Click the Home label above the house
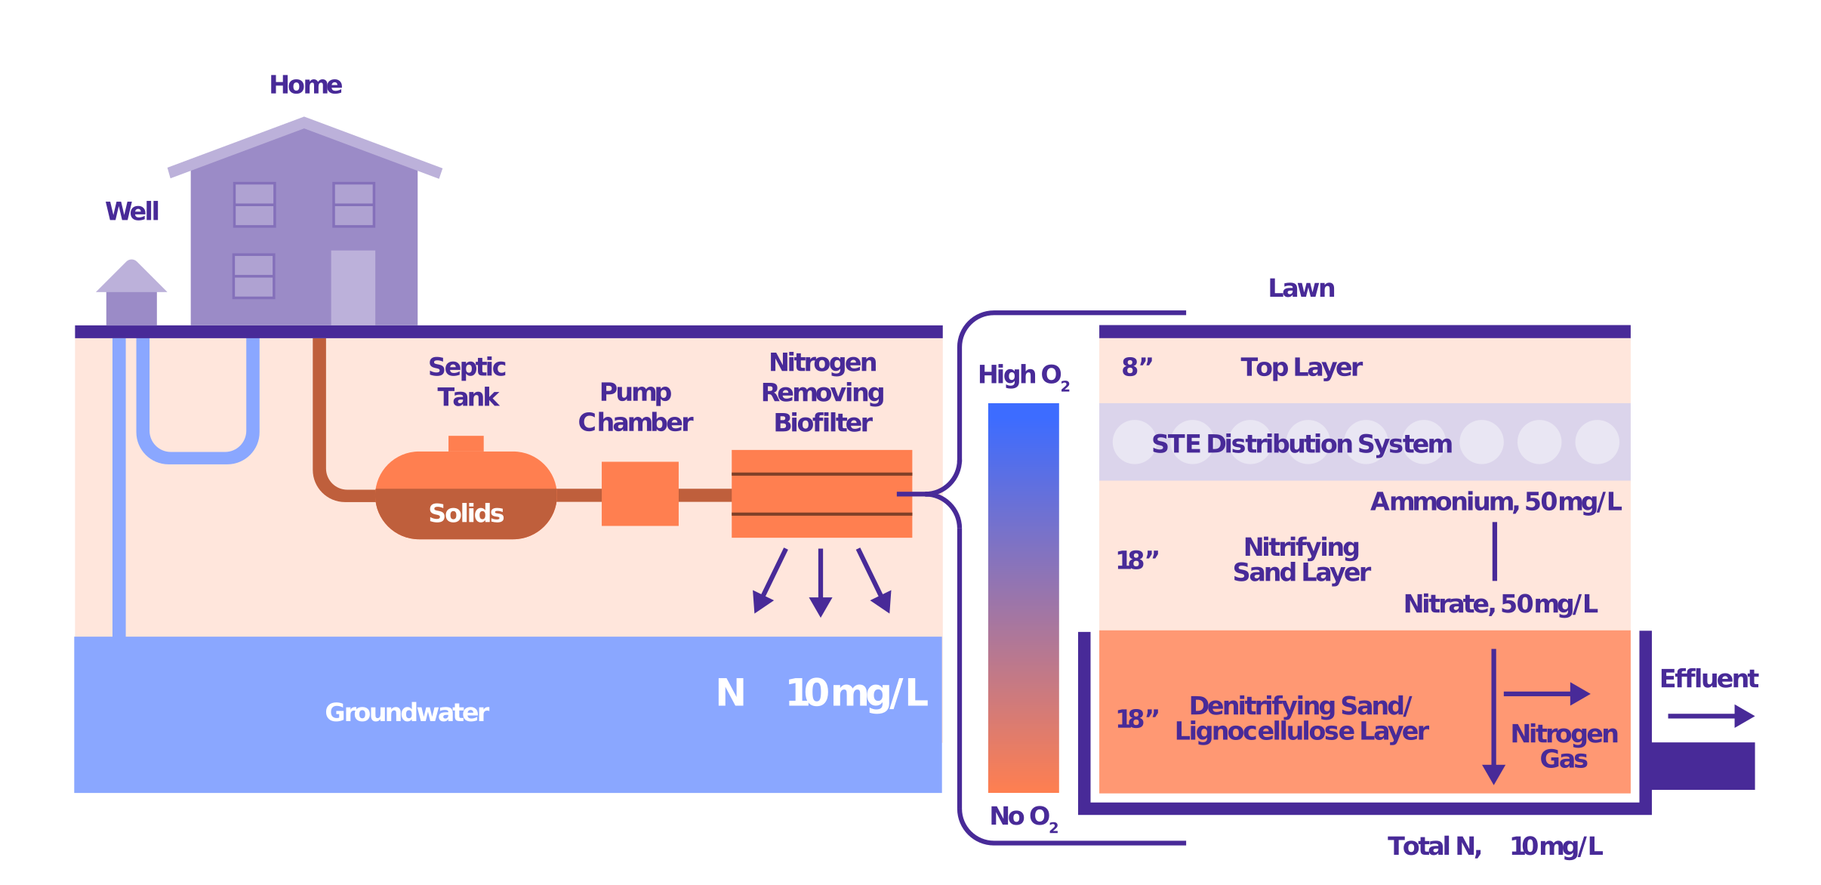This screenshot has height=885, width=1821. point(306,85)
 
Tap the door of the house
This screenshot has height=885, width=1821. point(353,288)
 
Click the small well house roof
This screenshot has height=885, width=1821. point(131,276)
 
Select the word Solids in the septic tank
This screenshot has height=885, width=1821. point(466,513)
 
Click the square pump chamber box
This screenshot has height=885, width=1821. point(639,493)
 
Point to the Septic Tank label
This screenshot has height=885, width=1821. point(467,381)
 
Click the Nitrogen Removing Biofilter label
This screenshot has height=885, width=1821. point(822,392)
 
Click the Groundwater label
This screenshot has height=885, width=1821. point(407,712)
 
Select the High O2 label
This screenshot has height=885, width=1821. point(1022,375)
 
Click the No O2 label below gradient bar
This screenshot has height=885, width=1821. point(1022,816)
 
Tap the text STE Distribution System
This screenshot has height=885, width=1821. point(1302,443)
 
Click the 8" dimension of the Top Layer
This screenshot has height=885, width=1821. point(1137,367)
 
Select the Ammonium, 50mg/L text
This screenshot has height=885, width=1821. point(1496,501)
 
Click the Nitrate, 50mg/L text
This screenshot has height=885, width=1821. point(1500,604)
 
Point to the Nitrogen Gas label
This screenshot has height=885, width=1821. point(1564,745)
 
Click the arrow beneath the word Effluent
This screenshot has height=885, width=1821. point(1711,716)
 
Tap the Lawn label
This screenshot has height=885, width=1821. point(1301,288)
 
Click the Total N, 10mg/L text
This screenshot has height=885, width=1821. point(1494,846)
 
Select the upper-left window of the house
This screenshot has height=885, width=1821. point(254,205)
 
